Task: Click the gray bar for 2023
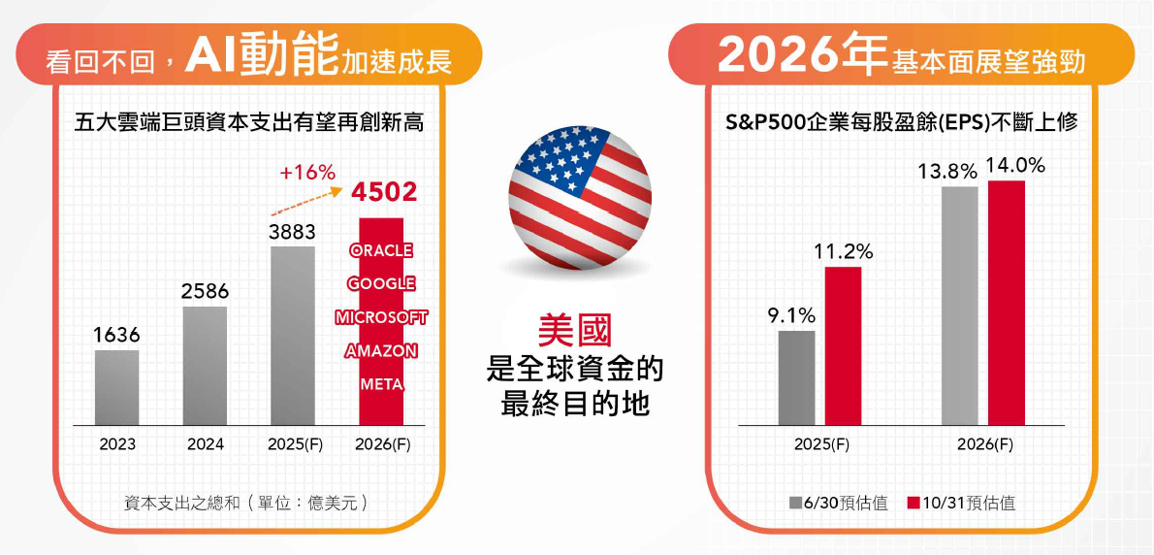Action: pos(116,387)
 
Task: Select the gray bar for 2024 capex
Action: pos(205,366)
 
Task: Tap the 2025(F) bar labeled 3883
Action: pos(293,336)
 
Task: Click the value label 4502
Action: pos(385,191)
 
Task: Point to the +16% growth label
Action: pos(306,173)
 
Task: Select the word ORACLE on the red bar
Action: pos(381,250)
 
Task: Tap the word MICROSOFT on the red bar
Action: pos(381,317)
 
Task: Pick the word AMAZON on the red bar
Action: pos(381,351)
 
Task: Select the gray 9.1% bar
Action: pos(796,377)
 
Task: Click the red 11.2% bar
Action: pos(843,345)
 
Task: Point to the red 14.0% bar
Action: pos(1007,303)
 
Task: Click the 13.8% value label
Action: pos(947,172)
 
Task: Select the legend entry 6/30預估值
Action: pos(839,504)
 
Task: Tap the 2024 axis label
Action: pos(205,444)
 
